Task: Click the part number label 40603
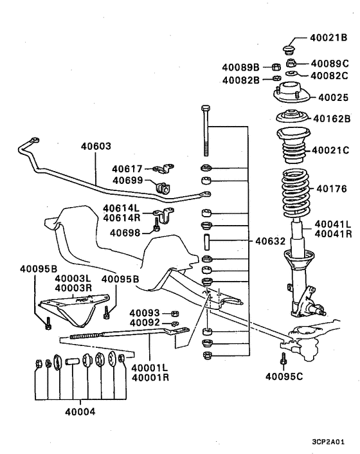pyautogui.click(x=96, y=147)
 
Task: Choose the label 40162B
pyautogui.click(x=332, y=118)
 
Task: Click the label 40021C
pyautogui.click(x=330, y=150)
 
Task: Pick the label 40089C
pyautogui.click(x=329, y=64)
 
